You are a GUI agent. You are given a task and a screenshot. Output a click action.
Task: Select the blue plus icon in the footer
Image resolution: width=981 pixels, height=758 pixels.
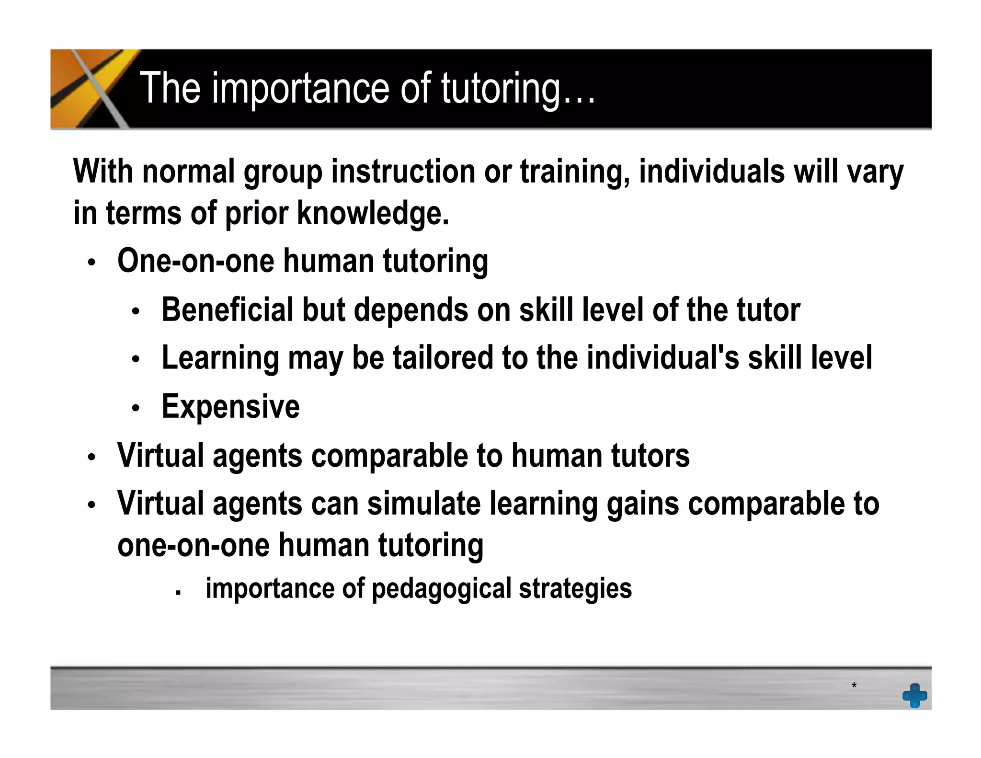pos(914,695)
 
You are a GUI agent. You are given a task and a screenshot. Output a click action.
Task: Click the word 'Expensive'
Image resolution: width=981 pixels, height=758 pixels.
pos(230,406)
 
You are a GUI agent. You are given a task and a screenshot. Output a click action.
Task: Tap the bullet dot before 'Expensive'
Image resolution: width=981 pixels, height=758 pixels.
pos(136,408)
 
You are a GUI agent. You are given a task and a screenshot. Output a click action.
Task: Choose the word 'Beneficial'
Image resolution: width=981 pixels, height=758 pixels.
pos(227,310)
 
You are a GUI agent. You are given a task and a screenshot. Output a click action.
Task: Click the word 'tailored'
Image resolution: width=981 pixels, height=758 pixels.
pos(443,358)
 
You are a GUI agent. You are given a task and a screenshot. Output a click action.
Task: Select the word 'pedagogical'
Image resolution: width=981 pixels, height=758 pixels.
pos(442,588)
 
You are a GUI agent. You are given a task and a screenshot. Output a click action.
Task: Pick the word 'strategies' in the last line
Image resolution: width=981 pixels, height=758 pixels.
pos(575,588)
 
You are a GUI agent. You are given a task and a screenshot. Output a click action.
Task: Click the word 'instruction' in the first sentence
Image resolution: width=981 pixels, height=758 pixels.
pos(403,171)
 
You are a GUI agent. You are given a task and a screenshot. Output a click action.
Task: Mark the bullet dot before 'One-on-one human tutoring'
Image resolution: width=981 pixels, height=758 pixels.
pos(91,263)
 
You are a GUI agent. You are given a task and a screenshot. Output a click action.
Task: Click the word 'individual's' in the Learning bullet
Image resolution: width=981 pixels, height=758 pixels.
pos(662,358)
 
